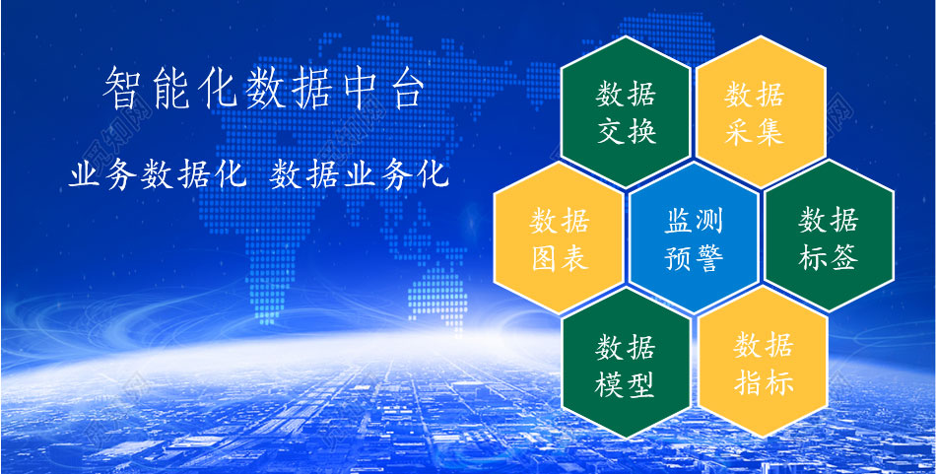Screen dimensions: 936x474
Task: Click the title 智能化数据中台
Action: click(x=263, y=90)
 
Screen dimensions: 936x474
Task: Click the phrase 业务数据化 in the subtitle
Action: click(x=158, y=175)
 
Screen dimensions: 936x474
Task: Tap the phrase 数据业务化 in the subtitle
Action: click(x=359, y=175)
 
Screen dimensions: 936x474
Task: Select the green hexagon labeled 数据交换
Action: click(x=627, y=111)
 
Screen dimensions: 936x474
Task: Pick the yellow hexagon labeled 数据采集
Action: click(x=761, y=111)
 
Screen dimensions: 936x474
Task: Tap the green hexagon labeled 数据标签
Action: click(x=829, y=236)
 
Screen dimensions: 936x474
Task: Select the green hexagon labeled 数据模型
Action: click(x=627, y=363)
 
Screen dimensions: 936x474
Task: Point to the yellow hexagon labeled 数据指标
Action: click(x=763, y=362)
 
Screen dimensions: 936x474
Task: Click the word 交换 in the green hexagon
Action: click(x=627, y=132)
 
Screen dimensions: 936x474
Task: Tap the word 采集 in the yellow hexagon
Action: click(x=755, y=132)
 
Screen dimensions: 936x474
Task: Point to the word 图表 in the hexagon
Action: click(x=561, y=259)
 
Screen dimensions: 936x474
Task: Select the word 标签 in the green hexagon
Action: click(x=829, y=258)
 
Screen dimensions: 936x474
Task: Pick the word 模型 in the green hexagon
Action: click(x=625, y=385)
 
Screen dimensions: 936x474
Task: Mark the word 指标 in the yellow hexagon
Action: click(x=764, y=382)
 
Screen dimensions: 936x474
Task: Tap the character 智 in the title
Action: click(x=122, y=90)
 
